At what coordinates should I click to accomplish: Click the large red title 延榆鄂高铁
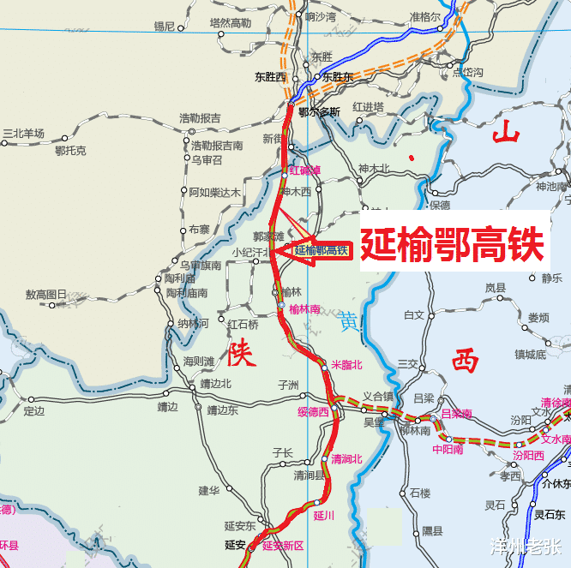pos(452,245)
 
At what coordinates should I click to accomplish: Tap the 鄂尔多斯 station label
pos(319,111)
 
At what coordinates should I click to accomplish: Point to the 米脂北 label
pos(347,365)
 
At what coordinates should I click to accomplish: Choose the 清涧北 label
pos(346,459)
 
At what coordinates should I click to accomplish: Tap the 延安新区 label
pos(283,545)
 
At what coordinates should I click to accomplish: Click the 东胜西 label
pos(270,76)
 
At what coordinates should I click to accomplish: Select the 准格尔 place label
pos(424,16)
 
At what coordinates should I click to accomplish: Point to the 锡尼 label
pos(164,27)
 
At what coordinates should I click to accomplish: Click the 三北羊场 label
pos(23,134)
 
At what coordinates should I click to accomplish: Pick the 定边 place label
pos(34,411)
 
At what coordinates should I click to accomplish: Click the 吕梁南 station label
pos(456,414)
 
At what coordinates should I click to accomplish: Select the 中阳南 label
pos(448,448)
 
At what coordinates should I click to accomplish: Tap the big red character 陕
pos(241,351)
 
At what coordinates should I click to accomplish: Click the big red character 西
pos(466,360)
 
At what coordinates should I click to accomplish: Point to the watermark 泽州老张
pos(526,545)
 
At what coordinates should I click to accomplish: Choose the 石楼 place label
pos(420,493)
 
